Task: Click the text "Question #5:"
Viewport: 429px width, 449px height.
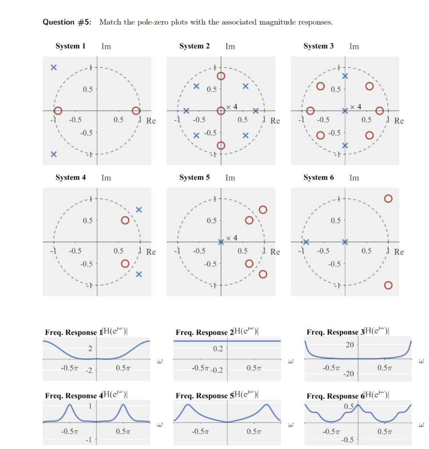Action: point(67,22)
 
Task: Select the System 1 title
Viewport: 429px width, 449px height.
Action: point(70,46)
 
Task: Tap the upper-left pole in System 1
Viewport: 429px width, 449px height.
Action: point(53,68)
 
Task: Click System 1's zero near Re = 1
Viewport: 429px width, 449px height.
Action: point(136,110)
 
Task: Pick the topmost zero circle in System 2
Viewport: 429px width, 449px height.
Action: point(221,76)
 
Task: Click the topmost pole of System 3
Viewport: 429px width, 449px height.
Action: point(345,76)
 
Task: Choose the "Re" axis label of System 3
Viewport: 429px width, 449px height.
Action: point(399,121)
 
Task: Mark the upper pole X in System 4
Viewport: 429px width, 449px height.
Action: point(139,210)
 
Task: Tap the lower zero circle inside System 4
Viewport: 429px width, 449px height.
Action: point(125,264)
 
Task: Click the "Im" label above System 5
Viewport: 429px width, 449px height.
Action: point(230,178)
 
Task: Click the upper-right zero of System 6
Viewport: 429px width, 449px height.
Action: point(388,199)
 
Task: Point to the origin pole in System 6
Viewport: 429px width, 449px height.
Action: point(345,242)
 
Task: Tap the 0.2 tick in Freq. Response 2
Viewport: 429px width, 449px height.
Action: point(217,349)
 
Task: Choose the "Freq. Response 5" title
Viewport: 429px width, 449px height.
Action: point(202,396)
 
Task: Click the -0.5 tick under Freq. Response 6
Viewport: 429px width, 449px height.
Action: point(347,440)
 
